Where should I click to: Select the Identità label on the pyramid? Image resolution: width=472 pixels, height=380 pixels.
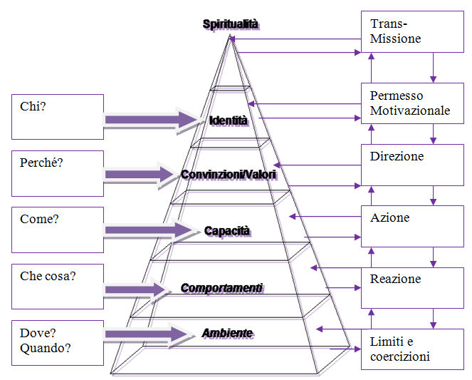click(x=228, y=120)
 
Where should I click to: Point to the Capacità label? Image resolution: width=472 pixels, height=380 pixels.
click(x=228, y=231)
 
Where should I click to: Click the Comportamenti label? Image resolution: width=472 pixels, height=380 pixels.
click(x=221, y=288)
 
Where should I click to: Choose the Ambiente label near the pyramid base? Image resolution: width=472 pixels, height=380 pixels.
click(x=227, y=333)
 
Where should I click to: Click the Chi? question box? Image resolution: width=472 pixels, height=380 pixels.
click(x=58, y=117)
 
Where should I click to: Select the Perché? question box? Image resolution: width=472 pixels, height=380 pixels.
click(x=58, y=173)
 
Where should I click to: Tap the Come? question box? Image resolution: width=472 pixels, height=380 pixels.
click(x=58, y=230)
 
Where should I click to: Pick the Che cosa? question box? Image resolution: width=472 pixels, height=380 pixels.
click(x=58, y=287)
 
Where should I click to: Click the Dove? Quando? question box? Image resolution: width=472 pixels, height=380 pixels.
click(x=58, y=343)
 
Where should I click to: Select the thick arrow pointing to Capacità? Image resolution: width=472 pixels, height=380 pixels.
click(x=150, y=230)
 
